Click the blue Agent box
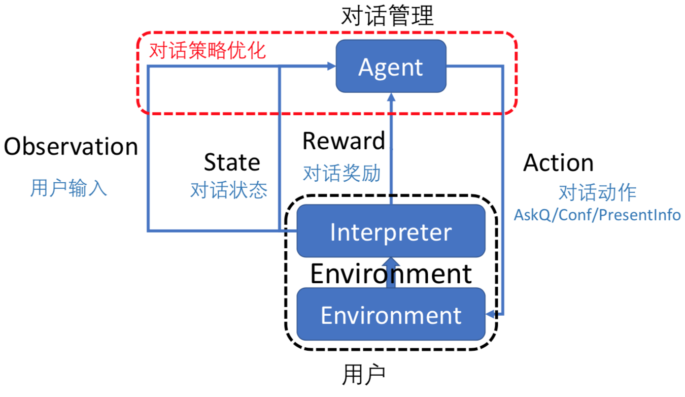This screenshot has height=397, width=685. click(x=391, y=67)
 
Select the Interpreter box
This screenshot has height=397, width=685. click(x=391, y=231)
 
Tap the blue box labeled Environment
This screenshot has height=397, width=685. click(x=391, y=315)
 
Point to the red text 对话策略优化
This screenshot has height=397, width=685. click(x=208, y=51)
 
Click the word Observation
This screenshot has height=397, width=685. click(x=71, y=147)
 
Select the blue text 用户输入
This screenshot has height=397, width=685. click(x=68, y=188)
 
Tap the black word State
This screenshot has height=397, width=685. click(x=232, y=162)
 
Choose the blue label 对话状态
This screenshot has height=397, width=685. click(x=229, y=190)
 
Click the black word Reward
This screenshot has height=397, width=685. click(x=344, y=141)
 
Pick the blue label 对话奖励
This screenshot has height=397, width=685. click(x=341, y=174)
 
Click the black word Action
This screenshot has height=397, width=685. click(x=558, y=163)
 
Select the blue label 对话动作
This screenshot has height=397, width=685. click(x=597, y=193)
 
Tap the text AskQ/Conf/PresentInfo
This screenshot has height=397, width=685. click(x=597, y=215)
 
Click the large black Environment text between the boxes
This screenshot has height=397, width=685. click(x=391, y=274)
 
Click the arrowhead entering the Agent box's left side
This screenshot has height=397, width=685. click(x=331, y=66)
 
